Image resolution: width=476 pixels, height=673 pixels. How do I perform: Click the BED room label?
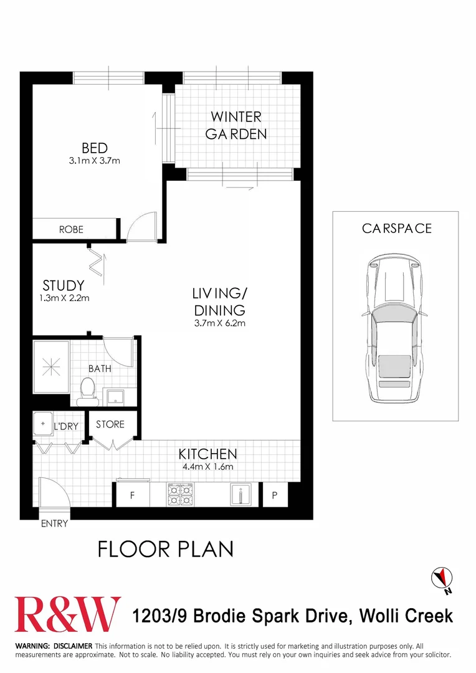95,148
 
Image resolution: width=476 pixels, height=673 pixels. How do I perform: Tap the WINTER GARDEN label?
236,125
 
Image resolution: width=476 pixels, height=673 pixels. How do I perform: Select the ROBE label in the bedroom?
71,229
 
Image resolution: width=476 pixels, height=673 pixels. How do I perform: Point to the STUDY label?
64,286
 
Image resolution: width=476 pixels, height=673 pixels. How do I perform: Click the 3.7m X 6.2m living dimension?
219,323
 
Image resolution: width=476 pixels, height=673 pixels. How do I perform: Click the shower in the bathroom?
50,368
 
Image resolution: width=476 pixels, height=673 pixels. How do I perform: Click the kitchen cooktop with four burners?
180,494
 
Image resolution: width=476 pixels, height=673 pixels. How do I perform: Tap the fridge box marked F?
132,496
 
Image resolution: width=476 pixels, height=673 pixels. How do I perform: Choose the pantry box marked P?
274,496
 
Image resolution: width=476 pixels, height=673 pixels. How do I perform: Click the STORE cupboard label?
110,424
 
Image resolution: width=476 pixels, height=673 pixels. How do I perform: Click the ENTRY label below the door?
54,523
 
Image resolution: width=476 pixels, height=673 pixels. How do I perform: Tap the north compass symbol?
442,576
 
